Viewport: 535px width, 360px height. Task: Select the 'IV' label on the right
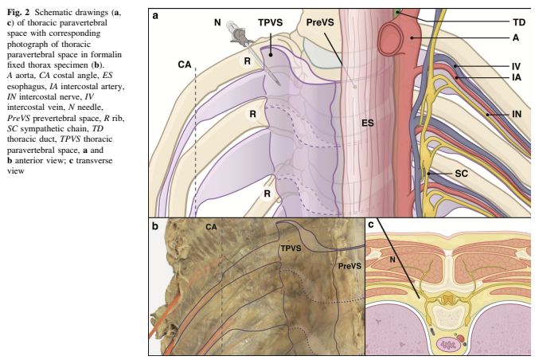click(515, 65)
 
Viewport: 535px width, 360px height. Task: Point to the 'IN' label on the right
click(516, 115)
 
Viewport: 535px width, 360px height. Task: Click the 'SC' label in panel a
click(462, 174)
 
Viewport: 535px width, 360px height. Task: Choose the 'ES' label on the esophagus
click(367, 124)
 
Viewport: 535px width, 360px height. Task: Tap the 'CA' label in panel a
click(185, 64)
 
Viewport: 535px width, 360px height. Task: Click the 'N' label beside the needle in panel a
click(217, 22)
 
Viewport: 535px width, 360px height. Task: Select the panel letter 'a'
click(157, 14)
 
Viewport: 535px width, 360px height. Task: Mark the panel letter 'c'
click(371, 226)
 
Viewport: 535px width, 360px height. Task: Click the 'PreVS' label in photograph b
click(349, 264)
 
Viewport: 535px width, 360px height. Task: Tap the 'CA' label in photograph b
click(212, 228)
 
